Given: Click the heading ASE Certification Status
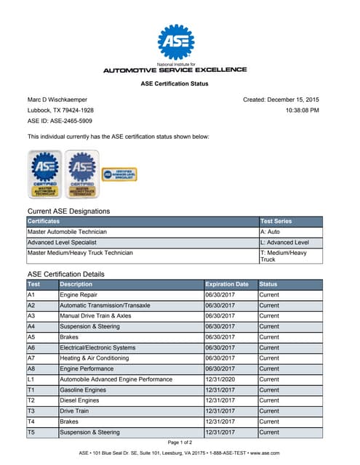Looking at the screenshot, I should (x=175, y=84).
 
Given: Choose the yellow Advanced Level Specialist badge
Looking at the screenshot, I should (x=119, y=174).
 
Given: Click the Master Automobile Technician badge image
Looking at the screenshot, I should (x=44, y=174).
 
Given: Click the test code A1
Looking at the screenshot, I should (x=31, y=295).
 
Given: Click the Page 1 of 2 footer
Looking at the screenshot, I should (x=180, y=442).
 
